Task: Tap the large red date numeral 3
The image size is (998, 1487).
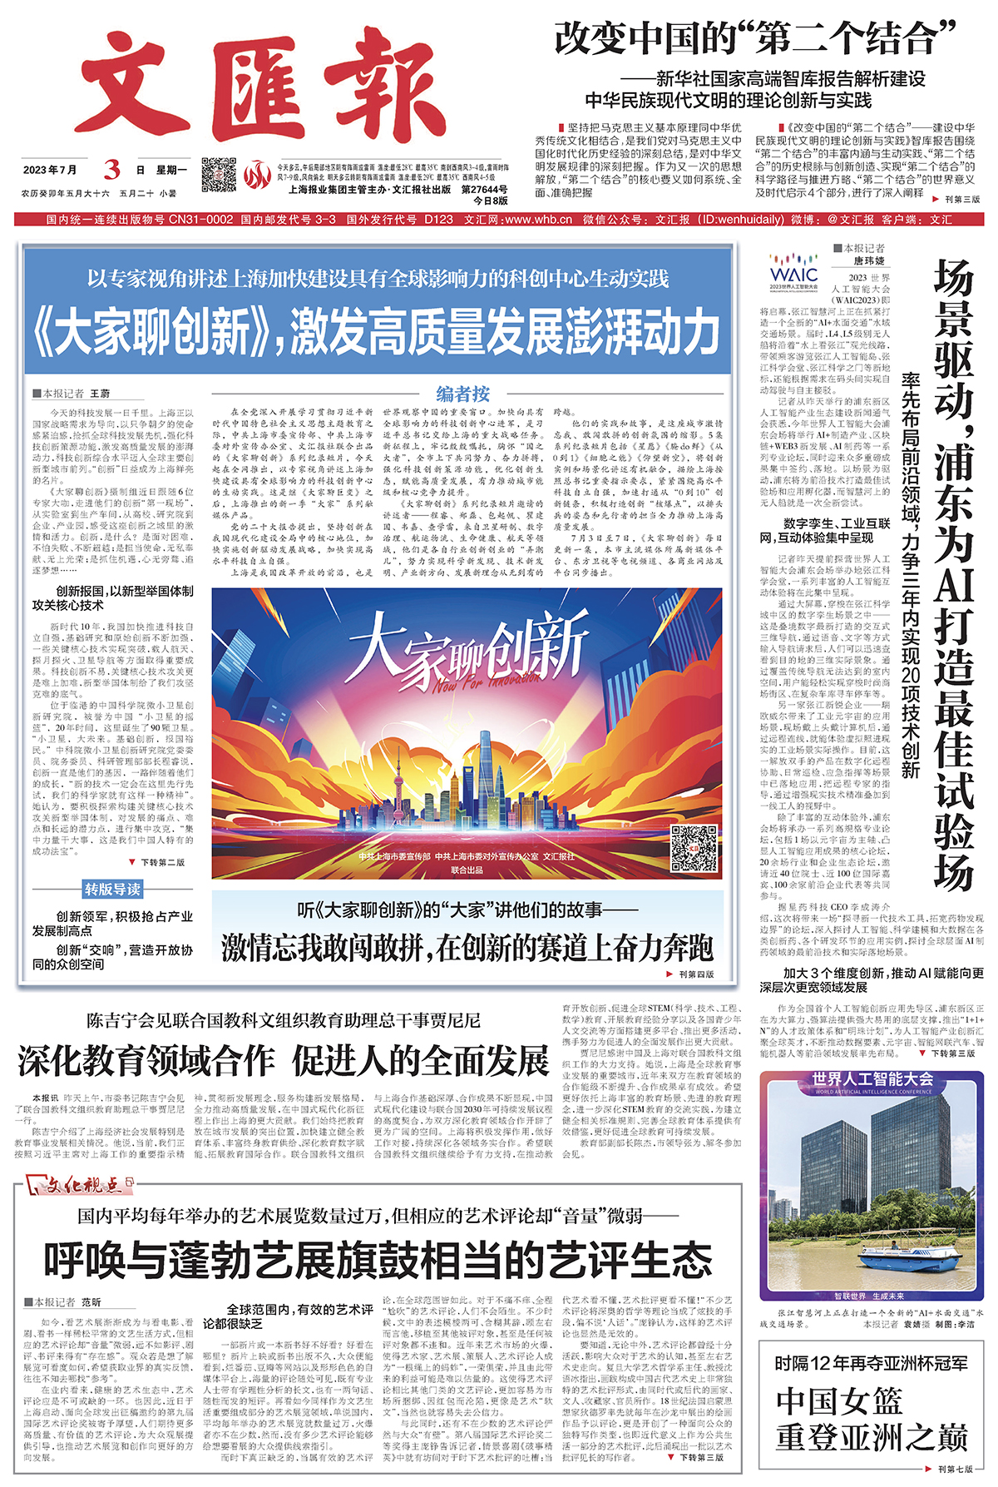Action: click(111, 170)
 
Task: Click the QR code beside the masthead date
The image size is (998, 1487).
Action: click(219, 175)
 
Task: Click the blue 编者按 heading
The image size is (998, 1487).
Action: click(462, 394)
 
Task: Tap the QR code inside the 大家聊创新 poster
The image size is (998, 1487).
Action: click(694, 849)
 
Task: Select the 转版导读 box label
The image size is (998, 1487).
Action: click(112, 890)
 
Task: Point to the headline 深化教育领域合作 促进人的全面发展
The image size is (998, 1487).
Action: click(284, 1060)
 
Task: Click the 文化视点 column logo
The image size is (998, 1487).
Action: click(80, 1183)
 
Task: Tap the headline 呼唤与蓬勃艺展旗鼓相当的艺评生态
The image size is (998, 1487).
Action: click(378, 1260)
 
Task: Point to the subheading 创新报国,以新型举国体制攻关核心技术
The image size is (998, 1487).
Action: click(112, 597)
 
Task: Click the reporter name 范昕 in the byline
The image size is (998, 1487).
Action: click(91, 1302)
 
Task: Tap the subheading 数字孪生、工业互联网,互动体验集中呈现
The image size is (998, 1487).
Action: click(825, 531)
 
